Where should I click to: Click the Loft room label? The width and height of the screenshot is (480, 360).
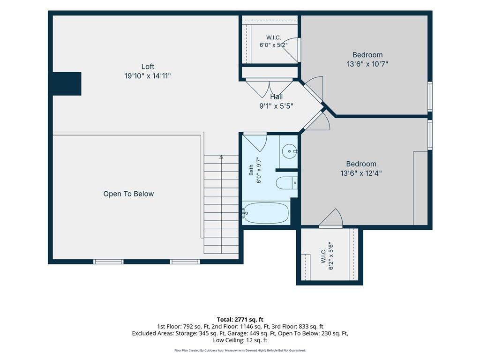[x=148, y=67]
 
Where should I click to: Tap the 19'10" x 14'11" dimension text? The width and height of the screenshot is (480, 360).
[x=148, y=76]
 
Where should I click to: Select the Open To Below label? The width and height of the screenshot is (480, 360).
[x=128, y=194]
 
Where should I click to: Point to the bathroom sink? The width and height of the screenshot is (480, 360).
[x=289, y=151]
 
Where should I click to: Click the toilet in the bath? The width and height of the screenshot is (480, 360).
[x=286, y=183]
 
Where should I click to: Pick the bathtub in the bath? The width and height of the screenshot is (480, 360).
[x=265, y=213]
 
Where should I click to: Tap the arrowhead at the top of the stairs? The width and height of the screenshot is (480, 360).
[x=221, y=157]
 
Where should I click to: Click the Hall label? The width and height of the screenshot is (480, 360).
[x=277, y=97]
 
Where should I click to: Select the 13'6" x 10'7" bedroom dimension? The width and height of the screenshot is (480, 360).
[x=367, y=64]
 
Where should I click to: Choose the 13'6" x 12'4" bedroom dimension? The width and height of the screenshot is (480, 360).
[x=361, y=173]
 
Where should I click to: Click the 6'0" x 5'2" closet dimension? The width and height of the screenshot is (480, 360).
[x=273, y=45]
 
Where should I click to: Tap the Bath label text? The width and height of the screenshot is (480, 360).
[x=251, y=170]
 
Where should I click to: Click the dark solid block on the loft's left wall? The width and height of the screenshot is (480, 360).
[x=67, y=83]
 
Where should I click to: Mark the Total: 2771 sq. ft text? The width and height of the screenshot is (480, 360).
[x=240, y=320]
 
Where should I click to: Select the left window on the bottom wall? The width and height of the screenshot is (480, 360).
[x=108, y=262]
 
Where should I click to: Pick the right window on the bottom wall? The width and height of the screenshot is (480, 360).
[x=185, y=262]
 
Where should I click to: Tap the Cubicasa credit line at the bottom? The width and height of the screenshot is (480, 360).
[x=240, y=351]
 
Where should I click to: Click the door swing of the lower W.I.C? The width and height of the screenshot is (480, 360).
[x=331, y=218]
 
